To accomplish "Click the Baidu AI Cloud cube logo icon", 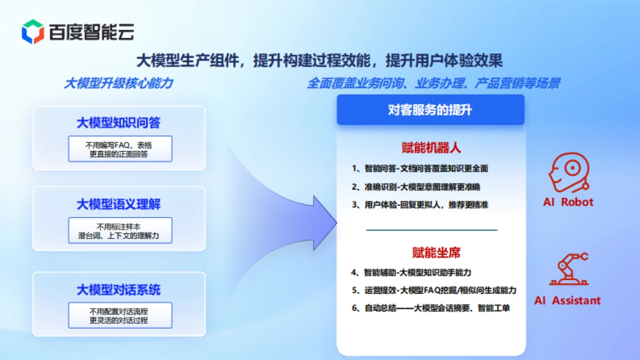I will pos(33,31).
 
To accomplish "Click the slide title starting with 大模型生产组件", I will pos(319,60).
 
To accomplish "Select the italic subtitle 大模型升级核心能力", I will pos(118,84).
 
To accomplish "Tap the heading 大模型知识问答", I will pos(118,123).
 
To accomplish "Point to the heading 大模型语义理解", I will pos(118,204).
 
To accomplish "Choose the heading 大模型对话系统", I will pos(118,290).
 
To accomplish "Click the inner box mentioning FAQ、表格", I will pos(120,149).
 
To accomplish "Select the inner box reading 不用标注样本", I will pos(120,230).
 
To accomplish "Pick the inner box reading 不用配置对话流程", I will pos(120,315).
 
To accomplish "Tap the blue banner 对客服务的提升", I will pos(430,110).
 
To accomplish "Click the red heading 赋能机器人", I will pos(430,147).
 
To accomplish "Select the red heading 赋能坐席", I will pos(430,252).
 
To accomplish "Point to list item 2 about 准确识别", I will pos(416,187).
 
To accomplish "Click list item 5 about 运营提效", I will pos(434,290).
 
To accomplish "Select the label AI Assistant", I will pos(567,300).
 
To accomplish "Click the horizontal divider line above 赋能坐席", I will pos(431,230).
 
